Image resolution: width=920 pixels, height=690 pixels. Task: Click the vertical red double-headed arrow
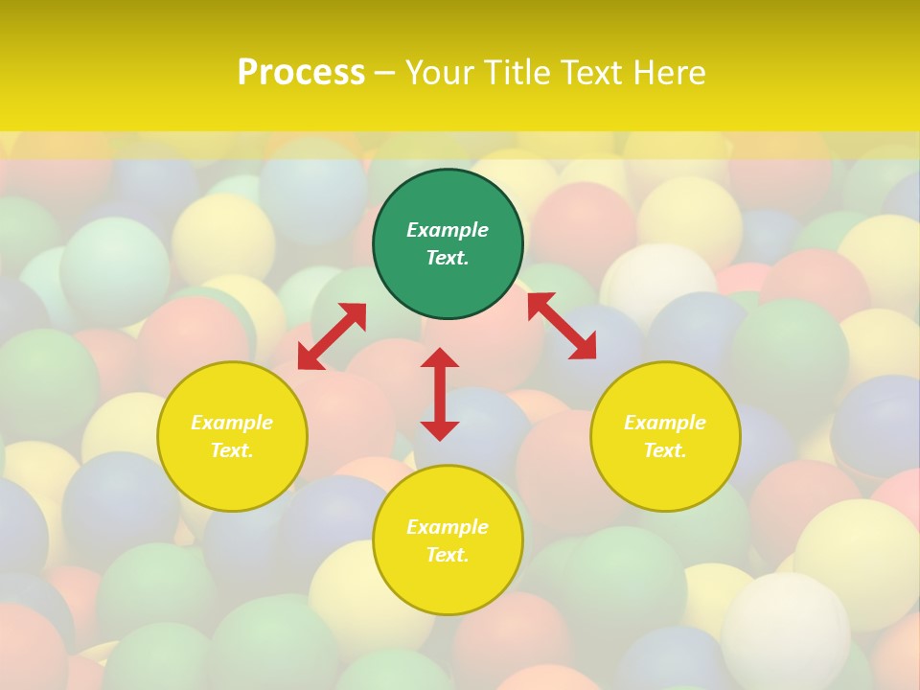click(440, 394)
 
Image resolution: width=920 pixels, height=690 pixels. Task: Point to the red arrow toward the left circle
click(332, 336)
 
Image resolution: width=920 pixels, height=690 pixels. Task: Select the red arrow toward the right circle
click(562, 326)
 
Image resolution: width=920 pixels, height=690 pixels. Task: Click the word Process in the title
click(301, 72)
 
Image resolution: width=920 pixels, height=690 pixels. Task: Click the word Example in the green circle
click(448, 230)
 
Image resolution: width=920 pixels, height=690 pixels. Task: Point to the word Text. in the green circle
click(448, 258)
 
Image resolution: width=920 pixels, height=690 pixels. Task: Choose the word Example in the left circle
click(232, 423)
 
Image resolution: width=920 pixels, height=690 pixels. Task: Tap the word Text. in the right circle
click(665, 450)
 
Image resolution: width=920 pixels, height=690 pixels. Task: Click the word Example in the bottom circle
click(448, 527)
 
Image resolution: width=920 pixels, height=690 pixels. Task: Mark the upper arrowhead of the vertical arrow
click(440, 357)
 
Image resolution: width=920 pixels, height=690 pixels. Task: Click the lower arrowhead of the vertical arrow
click(440, 430)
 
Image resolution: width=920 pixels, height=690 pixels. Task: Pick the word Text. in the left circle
click(232, 450)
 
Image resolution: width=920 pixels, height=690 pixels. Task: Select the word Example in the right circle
click(665, 423)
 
